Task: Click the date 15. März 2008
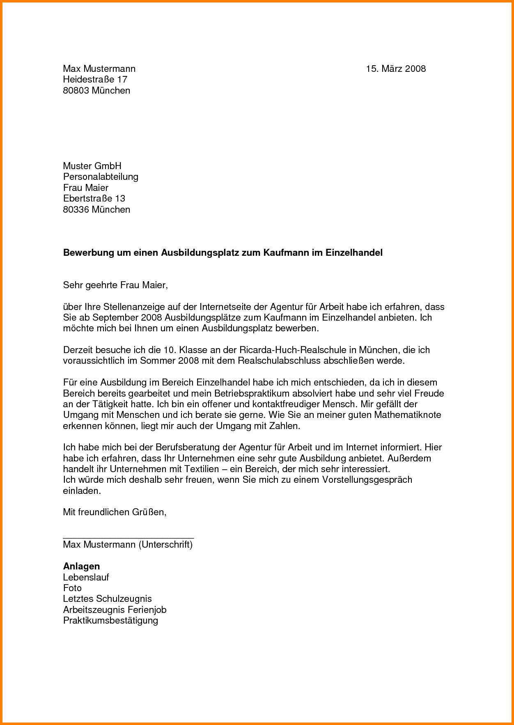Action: (396, 69)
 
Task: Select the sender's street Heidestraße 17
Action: (95, 80)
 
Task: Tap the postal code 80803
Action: (76, 91)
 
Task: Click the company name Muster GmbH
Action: (92, 166)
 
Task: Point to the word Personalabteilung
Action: (101, 177)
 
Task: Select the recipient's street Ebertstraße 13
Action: (94, 199)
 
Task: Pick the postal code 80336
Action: (76, 210)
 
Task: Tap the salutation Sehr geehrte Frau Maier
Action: (115, 285)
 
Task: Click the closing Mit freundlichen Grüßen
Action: (115, 512)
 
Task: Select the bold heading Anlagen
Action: (81, 567)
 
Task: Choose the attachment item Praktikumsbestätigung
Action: (110, 620)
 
